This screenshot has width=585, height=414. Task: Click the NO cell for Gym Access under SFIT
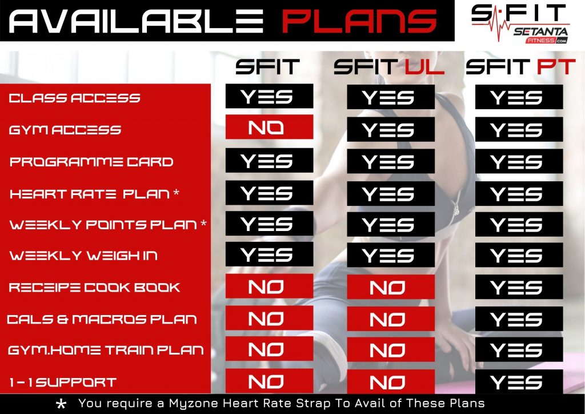(x=269, y=128)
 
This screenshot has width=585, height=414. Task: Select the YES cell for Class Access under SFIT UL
(x=391, y=97)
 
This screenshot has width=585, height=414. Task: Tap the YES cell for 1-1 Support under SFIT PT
(x=519, y=382)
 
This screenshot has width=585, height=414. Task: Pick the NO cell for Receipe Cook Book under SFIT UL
(x=391, y=287)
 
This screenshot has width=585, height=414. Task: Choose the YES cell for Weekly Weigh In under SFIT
(x=269, y=254)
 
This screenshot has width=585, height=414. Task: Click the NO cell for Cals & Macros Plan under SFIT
(x=269, y=319)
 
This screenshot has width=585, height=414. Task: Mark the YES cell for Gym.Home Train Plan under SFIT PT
(x=519, y=350)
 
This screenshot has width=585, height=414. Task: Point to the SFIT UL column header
(x=389, y=67)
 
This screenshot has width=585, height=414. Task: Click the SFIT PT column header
(x=521, y=67)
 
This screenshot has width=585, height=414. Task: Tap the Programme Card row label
(x=91, y=162)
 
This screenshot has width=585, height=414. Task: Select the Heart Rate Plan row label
(x=94, y=194)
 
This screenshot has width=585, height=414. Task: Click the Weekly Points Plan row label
(x=108, y=224)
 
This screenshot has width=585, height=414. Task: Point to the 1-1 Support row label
(x=62, y=383)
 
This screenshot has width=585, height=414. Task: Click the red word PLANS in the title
(x=359, y=21)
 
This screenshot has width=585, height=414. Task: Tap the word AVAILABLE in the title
(x=136, y=21)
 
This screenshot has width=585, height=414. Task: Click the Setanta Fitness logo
(x=520, y=23)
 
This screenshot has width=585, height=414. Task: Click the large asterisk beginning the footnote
(x=61, y=405)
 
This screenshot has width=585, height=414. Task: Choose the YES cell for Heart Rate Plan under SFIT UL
(x=391, y=194)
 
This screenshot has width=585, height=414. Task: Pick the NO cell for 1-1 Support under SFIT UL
(x=391, y=381)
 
